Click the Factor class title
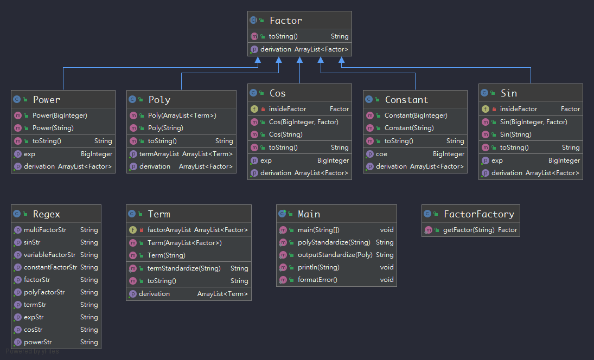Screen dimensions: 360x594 [x=285, y=21]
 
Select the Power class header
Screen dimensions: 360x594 [x=46, y=100]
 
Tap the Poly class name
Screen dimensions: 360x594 [x=159, y=100]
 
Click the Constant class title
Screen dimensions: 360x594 [x=406, y=100]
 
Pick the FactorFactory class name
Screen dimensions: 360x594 [x=478, y=214]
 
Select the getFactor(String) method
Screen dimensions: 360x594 [x=469, y=230]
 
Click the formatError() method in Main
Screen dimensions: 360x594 [x=317, y=280]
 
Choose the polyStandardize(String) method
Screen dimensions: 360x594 [x=334, y=242]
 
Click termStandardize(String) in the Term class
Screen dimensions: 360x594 [x=184, y=268]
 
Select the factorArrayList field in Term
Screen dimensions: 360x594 [x=169, y=230]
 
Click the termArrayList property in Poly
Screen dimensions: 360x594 [x=159, y=154]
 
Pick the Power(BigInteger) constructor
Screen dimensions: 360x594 [x=60, y=115]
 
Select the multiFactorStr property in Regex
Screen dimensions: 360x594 [x=45, y=230]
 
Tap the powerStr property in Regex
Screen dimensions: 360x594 [x=38, y=342]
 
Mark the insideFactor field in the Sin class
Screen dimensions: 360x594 [x=518, y=109]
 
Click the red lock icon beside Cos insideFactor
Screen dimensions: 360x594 [x=263, y=109]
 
